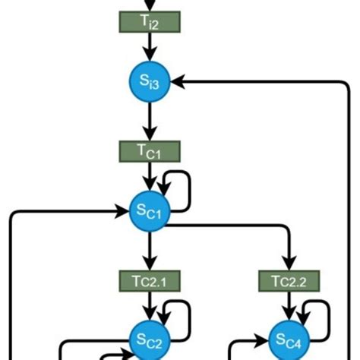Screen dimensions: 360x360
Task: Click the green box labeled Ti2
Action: (x=150, y=22)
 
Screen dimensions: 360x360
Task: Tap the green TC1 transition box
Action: (x=150, y=152)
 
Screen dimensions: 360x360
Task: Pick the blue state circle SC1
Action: (x=150, y=212)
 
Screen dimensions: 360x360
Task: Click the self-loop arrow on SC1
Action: (x=185, y=191)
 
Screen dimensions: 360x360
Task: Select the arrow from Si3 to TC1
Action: (x=150, y=120)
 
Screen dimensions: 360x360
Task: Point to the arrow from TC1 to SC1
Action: (x=150, y=176)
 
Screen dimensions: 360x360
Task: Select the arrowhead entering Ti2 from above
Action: (x=150, y=6)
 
